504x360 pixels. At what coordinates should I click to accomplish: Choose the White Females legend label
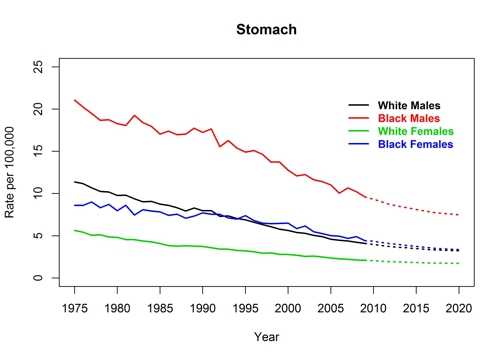coord(415,132)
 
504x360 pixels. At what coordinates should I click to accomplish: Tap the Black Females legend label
coord(415,146)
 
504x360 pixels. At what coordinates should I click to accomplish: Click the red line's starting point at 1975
coord(75,100)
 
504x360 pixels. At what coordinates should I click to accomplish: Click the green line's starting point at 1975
coord(75,230)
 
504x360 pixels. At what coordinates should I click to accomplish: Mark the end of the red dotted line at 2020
coord(459,215)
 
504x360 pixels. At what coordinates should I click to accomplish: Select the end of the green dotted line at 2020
coord(459,264)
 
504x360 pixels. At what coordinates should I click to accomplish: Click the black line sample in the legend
coord(357,105)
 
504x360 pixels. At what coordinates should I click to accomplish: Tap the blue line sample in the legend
coord(357,146)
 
